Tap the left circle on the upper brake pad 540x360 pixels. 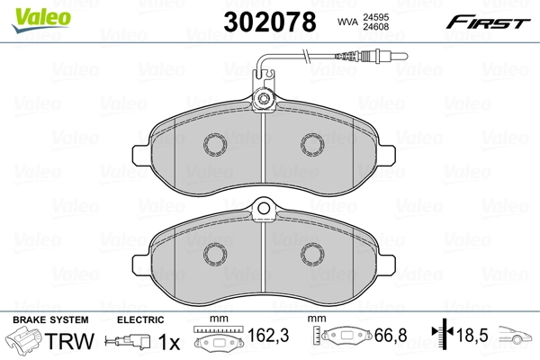click(x=215, y=143)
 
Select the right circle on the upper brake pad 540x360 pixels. click(x=312, y=143)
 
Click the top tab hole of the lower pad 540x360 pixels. click(x=264, y=211)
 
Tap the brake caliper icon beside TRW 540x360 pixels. click(x=25, y=342)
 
